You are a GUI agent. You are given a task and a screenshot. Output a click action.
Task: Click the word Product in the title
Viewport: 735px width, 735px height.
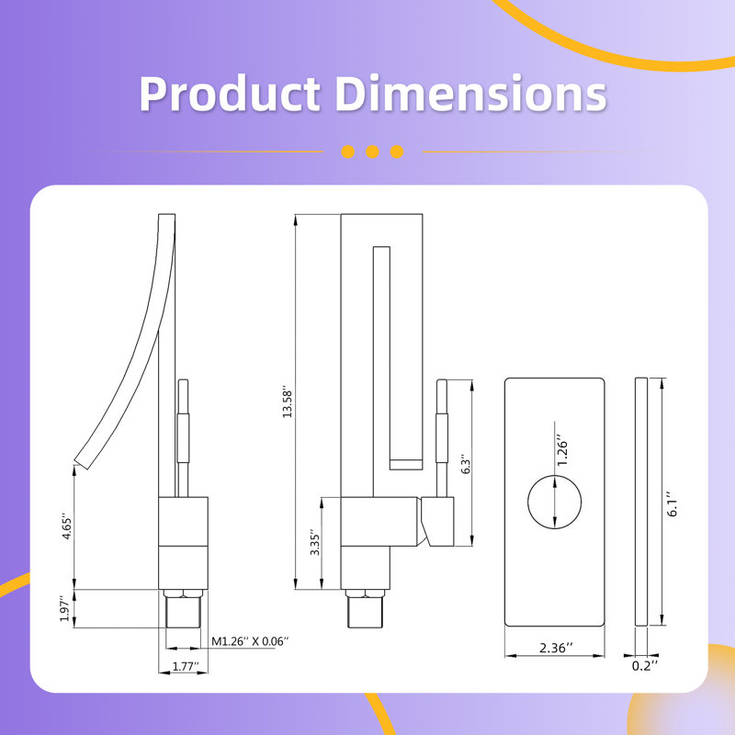[x=230, y=93]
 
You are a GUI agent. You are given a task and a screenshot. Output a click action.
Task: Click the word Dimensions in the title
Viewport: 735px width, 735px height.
[x=470, y=93]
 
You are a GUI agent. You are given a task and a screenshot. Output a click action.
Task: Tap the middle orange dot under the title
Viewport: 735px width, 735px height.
[x=373, y=152]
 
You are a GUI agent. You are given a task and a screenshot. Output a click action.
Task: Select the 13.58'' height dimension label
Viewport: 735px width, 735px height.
[x=288, y=403]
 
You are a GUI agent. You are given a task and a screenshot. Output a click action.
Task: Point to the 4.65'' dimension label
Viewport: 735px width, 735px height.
[x=67, y=528]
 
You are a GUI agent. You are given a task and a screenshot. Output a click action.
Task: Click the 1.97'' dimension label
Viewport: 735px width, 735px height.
[x=65, y=608]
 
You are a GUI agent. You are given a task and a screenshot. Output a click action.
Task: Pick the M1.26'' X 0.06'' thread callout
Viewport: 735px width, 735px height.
[x=250, y=641]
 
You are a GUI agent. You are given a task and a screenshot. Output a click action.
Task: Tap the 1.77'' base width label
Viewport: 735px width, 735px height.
[x=186, y=666]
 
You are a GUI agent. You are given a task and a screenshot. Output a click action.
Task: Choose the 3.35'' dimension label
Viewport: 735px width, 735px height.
[x=315, y=544]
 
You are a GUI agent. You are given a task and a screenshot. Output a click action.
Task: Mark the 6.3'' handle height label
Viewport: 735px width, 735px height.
[x=466, y=464]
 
